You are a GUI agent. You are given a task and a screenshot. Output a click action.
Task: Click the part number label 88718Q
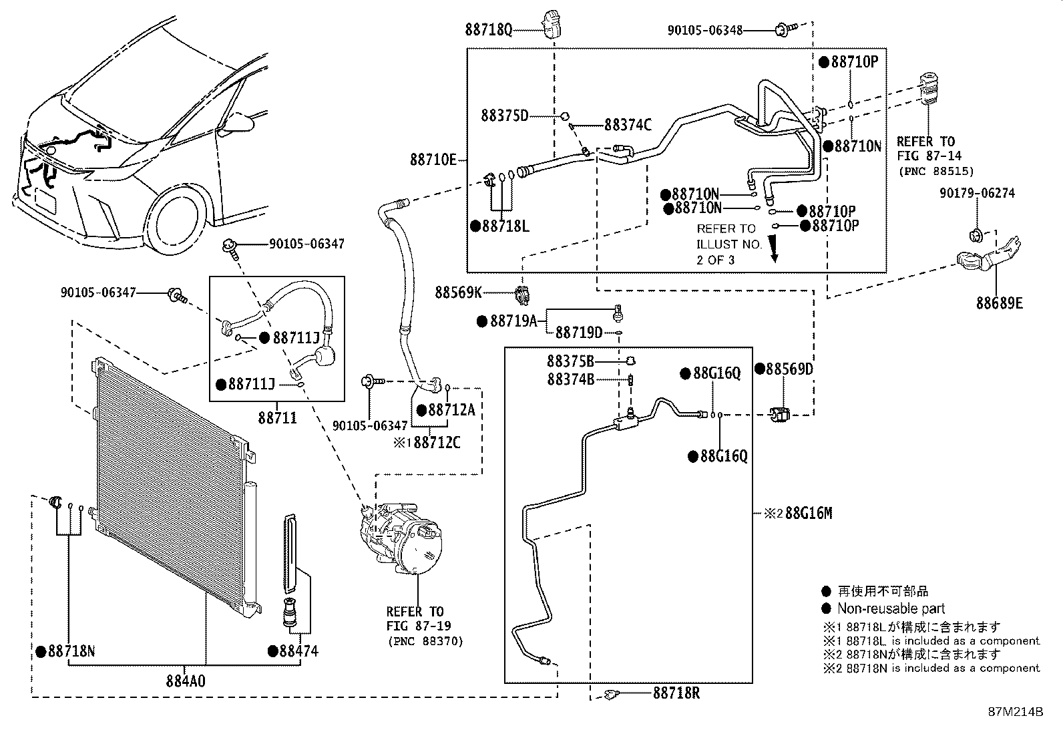(x=488, y=30)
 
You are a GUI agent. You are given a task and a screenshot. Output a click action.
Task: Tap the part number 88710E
(x=433, y=160)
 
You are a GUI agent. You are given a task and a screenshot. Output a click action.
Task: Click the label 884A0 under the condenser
(x=186, y=681)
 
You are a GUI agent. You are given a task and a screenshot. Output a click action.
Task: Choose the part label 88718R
(x=676, y=693)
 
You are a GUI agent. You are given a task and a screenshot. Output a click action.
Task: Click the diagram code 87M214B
(x=1016, y=712)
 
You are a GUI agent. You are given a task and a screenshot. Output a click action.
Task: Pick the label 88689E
(x=1000, y=303)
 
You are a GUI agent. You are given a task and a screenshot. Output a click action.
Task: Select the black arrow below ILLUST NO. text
(x=774, y=249)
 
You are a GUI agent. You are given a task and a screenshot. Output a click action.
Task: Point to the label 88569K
(x=458, y=293)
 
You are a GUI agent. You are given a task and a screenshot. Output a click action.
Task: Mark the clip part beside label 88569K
(x=522, y=295)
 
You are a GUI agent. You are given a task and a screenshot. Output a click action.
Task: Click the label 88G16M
(x=809, y=513)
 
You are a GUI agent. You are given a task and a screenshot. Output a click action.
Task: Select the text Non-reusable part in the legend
(x=891, y=608)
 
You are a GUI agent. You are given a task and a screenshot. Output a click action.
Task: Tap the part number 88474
(x=299, y=651)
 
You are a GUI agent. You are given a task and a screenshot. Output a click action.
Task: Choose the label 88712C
(x=437, y=443)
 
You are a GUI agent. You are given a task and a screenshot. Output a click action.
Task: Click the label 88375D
(x=504, y=116)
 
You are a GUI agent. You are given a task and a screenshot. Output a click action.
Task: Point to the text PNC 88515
(x=936, y=171)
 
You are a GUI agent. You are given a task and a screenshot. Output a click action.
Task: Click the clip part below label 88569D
(x=779, y=415)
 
